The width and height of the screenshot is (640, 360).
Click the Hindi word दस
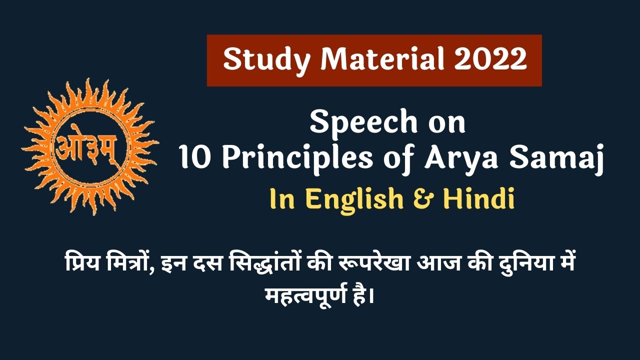click(x=209, y=262)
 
